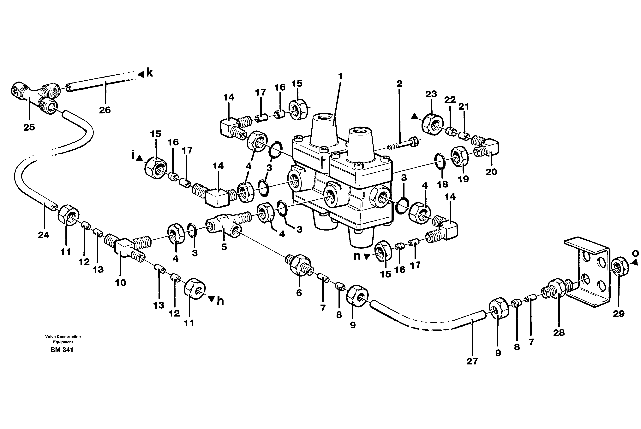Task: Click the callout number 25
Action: (x=29, y=127)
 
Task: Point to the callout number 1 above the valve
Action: (x=340, y=76)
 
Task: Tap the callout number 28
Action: (x=559, y=333)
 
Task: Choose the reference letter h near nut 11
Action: (x=220, y=301)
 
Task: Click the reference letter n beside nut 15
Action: (x=357, y=256)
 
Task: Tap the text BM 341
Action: (x=62, y=350)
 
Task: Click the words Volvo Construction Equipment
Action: (x=63, y=339)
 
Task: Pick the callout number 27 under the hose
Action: (x=472, y=361)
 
